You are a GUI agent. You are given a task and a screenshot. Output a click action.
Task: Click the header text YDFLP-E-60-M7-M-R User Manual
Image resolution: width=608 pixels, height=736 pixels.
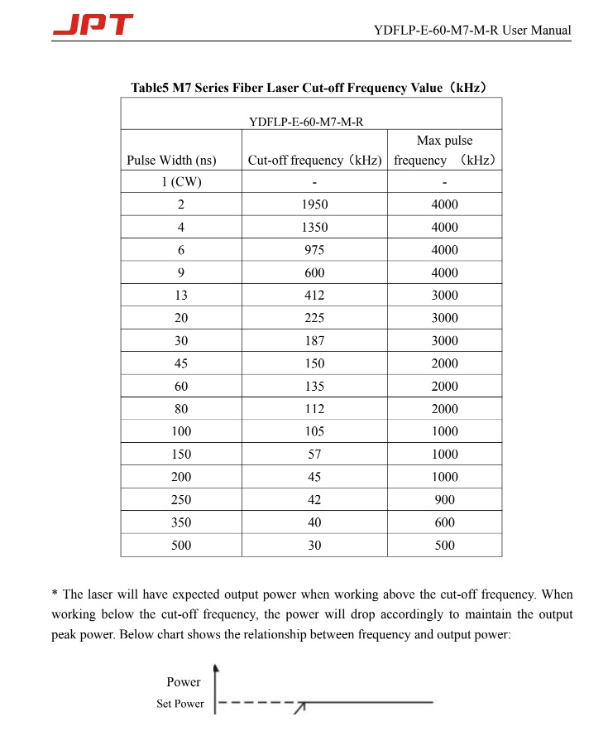pos(472,31)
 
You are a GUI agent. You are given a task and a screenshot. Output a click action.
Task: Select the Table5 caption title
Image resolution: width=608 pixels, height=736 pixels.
pos(308,88)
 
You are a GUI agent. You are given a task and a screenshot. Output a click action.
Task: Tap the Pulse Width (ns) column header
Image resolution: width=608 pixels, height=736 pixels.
pos(171,160)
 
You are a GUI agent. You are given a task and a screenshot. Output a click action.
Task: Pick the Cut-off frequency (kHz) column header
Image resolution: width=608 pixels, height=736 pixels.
pos(314,160)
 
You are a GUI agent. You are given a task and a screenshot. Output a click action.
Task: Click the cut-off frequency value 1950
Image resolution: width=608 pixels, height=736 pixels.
pos(314,204)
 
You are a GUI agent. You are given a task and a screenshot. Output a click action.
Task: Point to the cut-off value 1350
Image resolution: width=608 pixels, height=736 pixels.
pos(314,227)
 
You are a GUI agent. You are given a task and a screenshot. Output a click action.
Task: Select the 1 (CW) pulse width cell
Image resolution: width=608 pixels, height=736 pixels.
pos(181,182)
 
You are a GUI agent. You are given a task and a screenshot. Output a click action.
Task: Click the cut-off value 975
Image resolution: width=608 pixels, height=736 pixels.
pos(314,250)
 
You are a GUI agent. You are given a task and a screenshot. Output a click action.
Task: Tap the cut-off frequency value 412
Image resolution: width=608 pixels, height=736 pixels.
pos(314,296)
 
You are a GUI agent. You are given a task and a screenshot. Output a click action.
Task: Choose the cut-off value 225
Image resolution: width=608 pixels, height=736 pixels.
pos(314,318)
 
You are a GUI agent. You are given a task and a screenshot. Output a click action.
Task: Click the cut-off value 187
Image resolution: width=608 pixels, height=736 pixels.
pos(314,340)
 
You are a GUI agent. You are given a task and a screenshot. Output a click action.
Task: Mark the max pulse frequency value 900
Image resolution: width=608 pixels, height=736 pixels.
pos(445,499)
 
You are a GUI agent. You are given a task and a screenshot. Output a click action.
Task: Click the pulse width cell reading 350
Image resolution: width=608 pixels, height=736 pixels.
pos(181,522)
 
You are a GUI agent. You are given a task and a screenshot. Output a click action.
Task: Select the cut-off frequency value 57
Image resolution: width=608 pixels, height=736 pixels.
pos(314,454)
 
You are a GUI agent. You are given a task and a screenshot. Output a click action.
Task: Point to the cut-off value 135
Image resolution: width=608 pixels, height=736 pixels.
pos(314,386)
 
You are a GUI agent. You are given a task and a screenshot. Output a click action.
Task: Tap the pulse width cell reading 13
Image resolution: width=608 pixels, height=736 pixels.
pos(181,296)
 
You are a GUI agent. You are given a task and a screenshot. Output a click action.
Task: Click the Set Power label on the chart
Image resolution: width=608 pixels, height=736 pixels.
pos(180,704)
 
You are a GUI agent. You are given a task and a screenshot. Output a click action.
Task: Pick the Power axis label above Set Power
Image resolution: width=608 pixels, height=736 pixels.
pos(184,682)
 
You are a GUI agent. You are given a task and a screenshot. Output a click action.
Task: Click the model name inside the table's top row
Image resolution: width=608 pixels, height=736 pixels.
pos(306,122)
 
